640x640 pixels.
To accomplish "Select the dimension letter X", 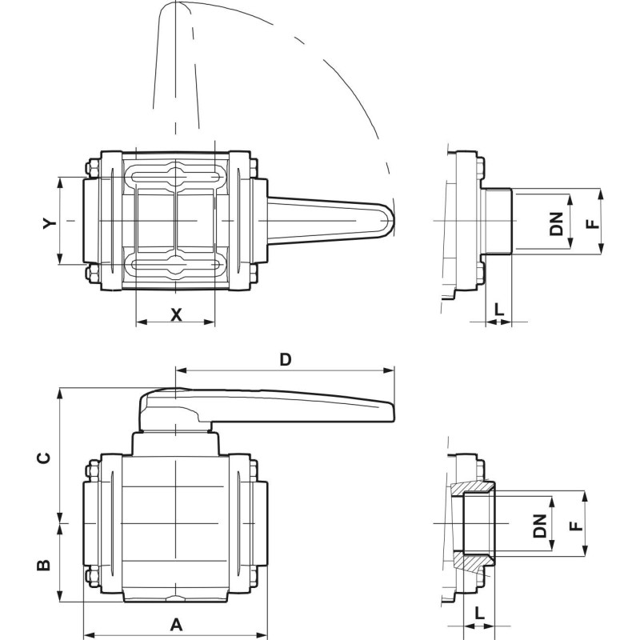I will tap(176, 314).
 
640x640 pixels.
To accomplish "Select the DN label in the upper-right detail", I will tap(557, 222).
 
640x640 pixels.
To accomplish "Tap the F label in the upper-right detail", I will tap(592, 222).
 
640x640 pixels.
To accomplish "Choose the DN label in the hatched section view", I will tap(541, 525).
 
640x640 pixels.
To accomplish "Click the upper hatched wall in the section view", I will tap(477, 488).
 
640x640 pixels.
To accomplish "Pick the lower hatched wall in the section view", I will tap(477, 562).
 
